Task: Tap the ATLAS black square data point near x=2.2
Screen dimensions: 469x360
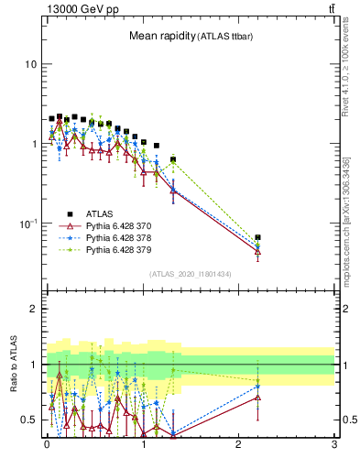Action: (257, 237)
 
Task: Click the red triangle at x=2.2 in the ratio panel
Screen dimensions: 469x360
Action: (257, 398)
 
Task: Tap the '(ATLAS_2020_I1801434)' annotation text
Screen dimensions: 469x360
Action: (190, 274)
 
